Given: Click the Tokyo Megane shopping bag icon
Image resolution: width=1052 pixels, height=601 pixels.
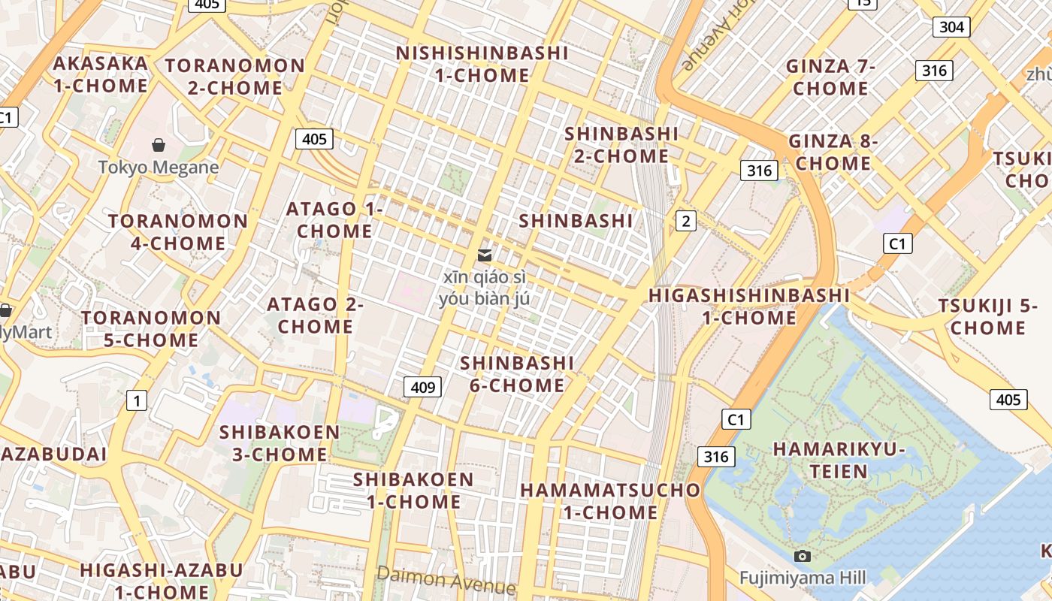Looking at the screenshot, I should pyautogui.click(x=159, y=144).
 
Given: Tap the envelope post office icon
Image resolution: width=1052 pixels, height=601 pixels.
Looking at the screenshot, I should pyautogui.click(x=485, y=255).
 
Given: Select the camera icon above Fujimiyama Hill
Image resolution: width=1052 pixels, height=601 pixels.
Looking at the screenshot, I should pyautogui.click(x=803, y=556).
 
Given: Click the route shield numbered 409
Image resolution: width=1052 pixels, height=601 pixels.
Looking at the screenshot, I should pyautogui.click(x=422, y=387).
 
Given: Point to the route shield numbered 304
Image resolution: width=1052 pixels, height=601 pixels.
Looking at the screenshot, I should pyautogui.click(x=951, y=27).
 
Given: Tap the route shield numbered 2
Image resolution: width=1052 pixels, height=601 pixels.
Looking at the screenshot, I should pyautogui.click(x=685, y=221).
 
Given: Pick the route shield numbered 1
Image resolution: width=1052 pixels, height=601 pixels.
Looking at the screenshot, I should pyautogui.click(x=136, y=400).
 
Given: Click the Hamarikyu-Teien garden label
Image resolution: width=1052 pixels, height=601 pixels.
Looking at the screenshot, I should pyautogui.click(x=839, y=461).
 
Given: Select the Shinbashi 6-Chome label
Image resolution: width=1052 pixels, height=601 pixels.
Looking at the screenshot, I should pyautogui.click(x=517, y=374).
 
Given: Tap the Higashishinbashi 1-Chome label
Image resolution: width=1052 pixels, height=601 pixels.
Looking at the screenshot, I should pyautogui.click(x=749, y=307).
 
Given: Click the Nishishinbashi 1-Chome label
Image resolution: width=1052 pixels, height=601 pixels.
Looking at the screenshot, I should pyautogui.click(x=482, y=64).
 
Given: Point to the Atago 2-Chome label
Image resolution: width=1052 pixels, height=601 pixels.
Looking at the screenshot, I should pyautogui.click(x=316, y=316).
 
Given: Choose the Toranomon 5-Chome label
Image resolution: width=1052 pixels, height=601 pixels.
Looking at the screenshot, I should pyautogui.click(x=151, y=329).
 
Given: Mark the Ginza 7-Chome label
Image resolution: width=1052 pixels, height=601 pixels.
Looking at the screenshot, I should pyautogui.click(x=830, y=77).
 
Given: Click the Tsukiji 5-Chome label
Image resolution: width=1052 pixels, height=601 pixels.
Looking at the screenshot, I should pyautogui.click(x=987, y=317).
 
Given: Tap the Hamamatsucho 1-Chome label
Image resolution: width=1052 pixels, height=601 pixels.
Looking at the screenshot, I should pyautogui.click(x=610, y=501).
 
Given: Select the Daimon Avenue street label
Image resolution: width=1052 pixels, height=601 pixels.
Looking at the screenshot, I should pyautogui.click(x=446, y=579).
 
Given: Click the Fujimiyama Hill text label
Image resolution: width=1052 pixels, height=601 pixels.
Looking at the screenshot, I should pyautogui.click(x=803, y=578).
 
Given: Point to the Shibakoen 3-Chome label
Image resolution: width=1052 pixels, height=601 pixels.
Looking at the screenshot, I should pyautogui.click(x=280, y=443).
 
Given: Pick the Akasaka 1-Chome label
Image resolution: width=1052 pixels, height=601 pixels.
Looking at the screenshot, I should pyautogui.click(x=101, y=74).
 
